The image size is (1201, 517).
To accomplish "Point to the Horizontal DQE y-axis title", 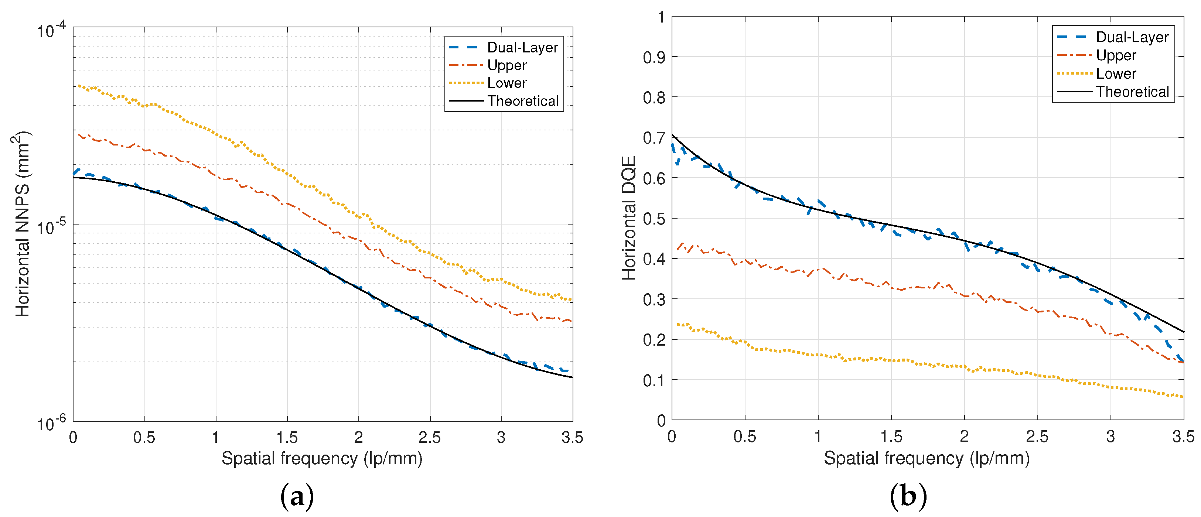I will pyautogui.click(x=629, y=218).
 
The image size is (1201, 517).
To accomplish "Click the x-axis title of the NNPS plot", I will pyautogui.click(x=322, y=459).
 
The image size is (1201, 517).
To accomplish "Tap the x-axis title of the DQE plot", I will pyautogui.click(x=927, y=459).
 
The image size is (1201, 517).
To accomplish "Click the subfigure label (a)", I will pyautogui.click(x=297, y=497).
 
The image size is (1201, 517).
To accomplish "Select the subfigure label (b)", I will pyautogui.click(x=908, y=497).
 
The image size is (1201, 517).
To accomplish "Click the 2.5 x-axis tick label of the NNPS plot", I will pyautogui.click(x=429, y=438).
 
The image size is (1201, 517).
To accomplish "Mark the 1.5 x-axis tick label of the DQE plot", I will pyautogui.click(x=891, y=437).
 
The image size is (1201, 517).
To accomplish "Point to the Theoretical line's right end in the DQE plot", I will pyautogui.click(x=1183, y=332).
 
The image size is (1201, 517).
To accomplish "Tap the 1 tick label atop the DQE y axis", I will pyautogui.click(x=661, y=17).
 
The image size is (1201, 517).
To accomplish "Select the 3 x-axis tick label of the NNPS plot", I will pyautogui.click(x=501, y=438).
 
